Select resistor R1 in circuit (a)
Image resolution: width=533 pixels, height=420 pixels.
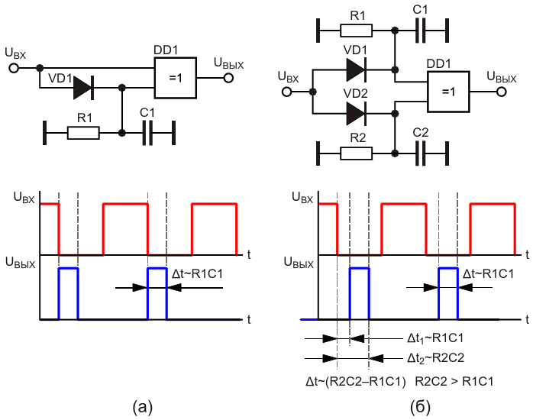pos(83,133)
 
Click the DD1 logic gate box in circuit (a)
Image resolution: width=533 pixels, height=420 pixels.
pos(176,77)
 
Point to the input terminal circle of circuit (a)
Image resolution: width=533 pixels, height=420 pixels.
pos(13,67)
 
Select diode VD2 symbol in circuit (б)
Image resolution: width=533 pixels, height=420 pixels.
pos(356,114)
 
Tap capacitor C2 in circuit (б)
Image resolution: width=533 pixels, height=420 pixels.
pos(421,153)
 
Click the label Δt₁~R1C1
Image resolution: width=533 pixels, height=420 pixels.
pos(433,338)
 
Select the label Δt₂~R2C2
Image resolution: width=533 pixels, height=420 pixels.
pos(433,357)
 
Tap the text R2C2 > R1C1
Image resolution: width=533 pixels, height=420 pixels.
pos(455,378)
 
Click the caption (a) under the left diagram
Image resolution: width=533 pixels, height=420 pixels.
pos(143,405)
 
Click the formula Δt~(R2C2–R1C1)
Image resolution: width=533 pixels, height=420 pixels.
pos(353,378)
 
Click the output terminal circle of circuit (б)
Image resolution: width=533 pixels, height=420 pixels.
pos(502,92)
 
